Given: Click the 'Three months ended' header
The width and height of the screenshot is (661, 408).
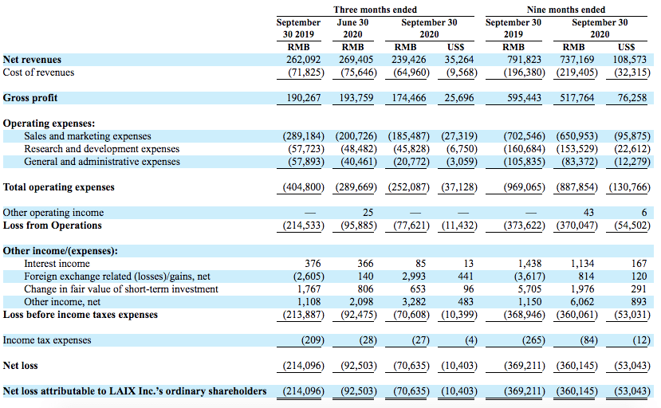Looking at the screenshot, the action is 375,10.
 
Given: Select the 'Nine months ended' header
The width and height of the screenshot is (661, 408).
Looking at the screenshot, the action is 566,10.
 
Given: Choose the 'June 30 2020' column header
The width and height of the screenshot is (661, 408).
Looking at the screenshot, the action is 352,28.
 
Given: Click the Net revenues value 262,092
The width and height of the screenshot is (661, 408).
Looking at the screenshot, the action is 304,60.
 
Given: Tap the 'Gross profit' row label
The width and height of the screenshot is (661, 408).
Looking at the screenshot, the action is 30,98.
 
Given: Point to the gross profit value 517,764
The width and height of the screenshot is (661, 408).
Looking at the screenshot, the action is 576,98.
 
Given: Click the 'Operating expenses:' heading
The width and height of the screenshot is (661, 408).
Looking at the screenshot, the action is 49,124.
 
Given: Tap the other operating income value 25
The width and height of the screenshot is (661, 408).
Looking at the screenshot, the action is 368,213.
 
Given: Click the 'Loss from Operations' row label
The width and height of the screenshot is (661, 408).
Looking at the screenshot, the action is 53,226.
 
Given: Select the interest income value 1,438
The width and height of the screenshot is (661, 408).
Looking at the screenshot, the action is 530,264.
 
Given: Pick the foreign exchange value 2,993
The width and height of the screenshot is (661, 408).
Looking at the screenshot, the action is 414,276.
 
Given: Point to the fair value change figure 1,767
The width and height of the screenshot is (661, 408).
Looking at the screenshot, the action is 309,289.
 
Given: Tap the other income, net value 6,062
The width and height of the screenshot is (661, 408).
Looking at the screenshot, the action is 582,302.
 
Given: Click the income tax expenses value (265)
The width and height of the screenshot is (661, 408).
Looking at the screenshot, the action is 533,340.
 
